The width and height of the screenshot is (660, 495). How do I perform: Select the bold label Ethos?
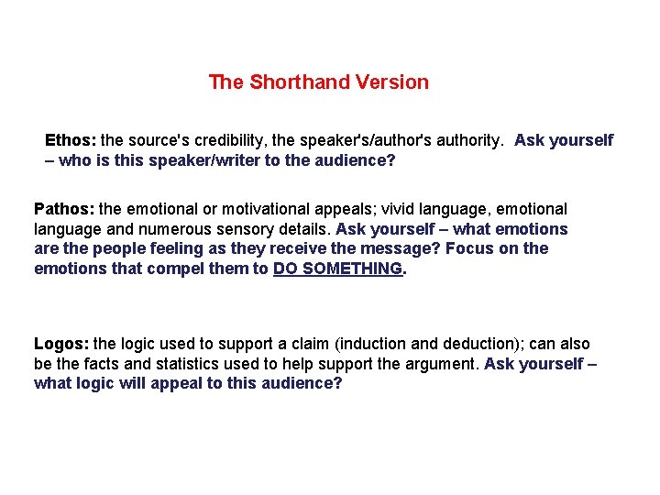coord(71,140)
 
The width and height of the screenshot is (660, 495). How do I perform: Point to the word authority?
coord(466,140)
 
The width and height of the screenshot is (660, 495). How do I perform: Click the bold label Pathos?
coord(63,209)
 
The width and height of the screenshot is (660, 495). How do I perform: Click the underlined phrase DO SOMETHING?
coord(337,269)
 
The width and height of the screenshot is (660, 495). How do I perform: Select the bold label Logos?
coord(61,344)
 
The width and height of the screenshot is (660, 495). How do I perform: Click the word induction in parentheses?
coord(372,344)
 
